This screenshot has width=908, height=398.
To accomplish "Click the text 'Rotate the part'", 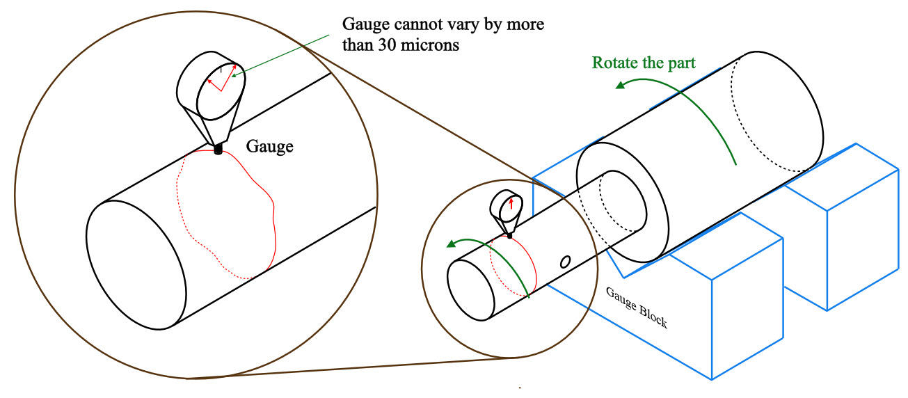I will pyautogui.click(x=644, y=63).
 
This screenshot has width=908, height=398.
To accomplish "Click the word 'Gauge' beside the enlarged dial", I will pyautogui.click(x=270, y=147).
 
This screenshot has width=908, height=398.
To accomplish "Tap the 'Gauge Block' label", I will pyautogui.click(x=637, y=307).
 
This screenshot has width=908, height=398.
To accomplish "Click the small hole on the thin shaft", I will pyautogui.click(x=566, y=262).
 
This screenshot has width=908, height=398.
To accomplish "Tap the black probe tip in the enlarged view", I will pyautogui.click(x=218, y=149).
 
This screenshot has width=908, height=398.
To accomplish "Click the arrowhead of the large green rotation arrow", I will pyautogui.click(x=619, y=84).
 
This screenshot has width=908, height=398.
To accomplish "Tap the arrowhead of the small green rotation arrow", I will pyautogui.click(x=452, y=244).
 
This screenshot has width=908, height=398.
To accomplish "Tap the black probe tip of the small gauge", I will pyautogui.click(x=510, y=237).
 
